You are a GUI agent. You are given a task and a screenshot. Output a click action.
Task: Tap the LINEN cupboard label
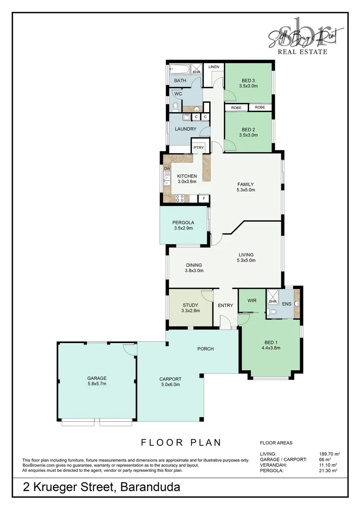pos(213,67)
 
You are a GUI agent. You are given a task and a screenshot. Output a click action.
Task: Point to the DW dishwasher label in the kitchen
pos(167,168)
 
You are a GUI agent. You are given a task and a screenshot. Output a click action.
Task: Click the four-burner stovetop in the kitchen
pos(180,198)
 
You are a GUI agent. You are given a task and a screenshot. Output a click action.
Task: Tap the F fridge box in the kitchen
pos(204,198)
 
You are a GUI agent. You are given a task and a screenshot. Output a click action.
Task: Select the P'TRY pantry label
pos(198,148)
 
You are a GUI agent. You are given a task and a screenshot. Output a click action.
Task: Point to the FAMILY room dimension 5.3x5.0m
pos(245,190)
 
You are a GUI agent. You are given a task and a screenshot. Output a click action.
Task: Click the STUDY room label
pos(190,305)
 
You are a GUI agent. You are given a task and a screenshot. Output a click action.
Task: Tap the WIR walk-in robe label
pos(252,300)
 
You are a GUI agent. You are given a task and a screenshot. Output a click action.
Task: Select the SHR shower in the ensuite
pos(272,302)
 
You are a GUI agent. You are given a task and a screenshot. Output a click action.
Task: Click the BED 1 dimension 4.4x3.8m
pos(270,348)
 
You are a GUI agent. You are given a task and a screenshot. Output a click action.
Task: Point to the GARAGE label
pos(97,378)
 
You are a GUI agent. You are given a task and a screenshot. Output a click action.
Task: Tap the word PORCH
pos(205,349)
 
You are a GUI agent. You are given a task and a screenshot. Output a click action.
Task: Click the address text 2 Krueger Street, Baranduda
pos(102,487)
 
